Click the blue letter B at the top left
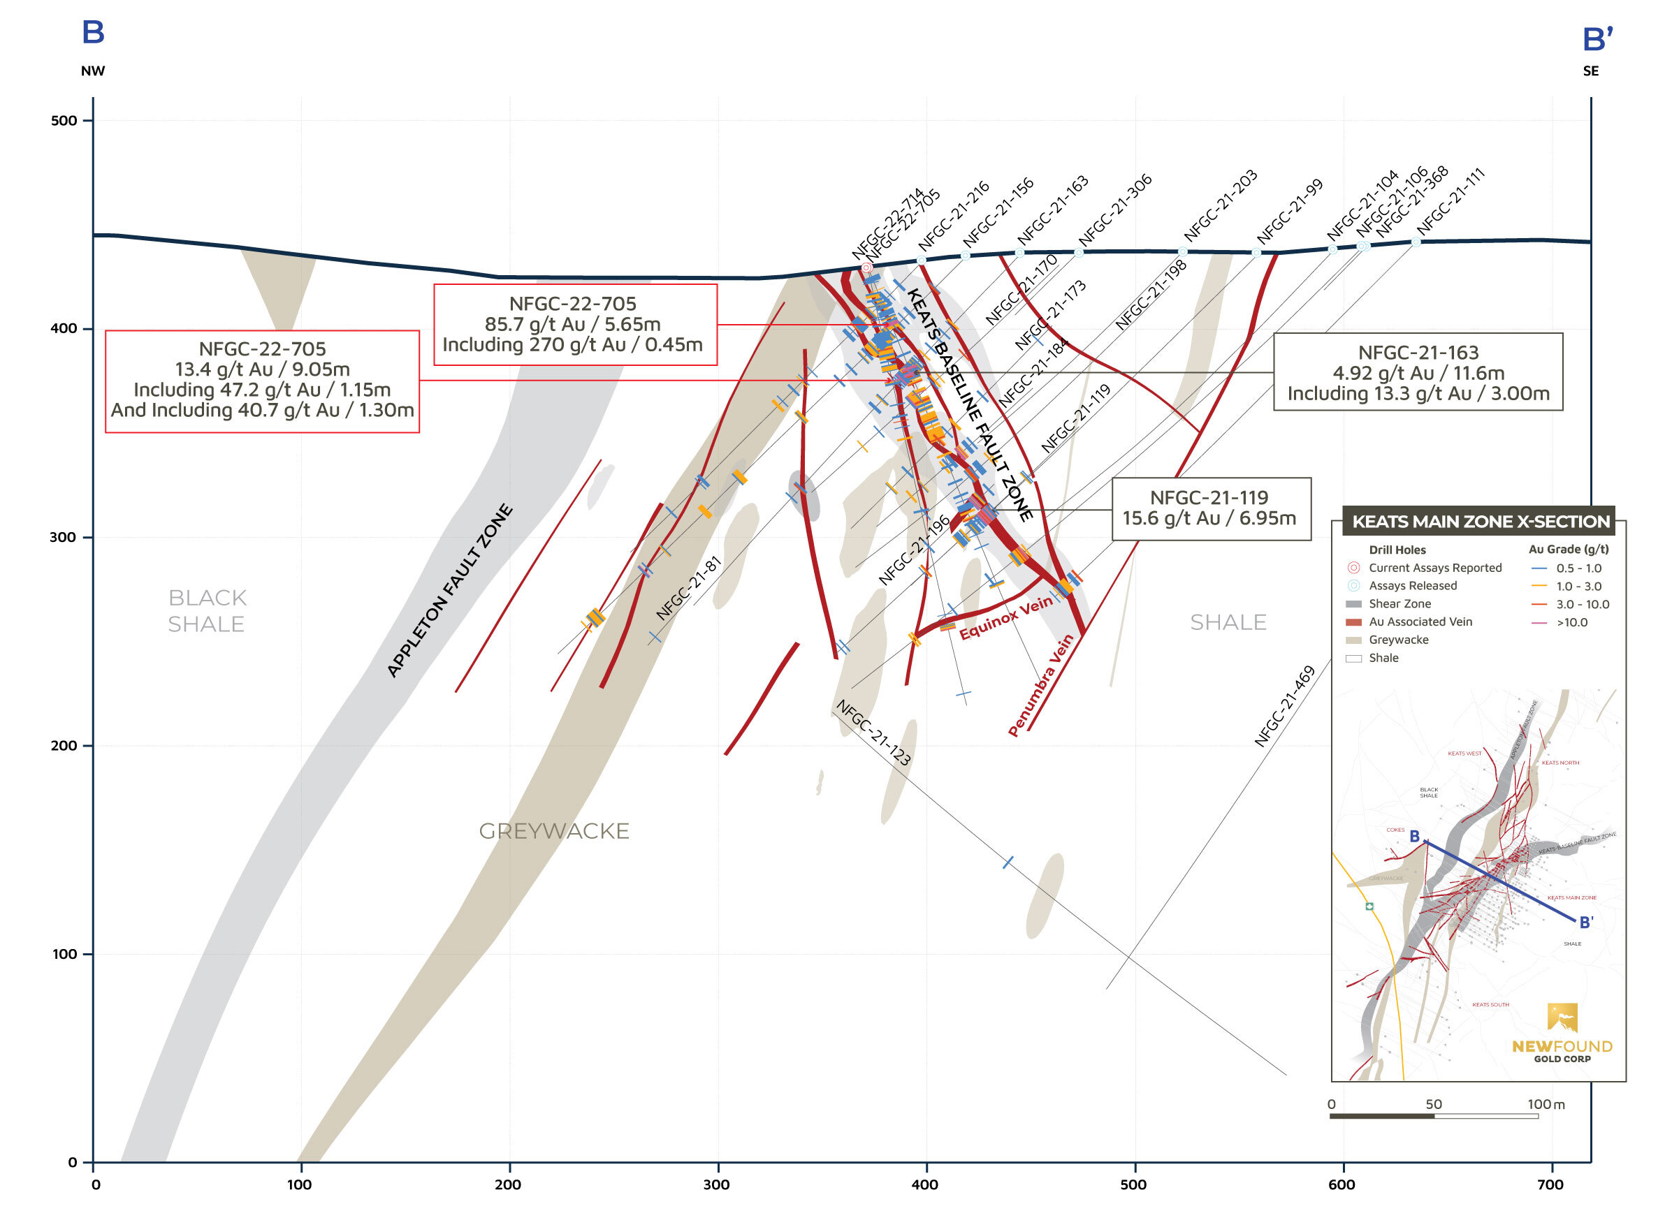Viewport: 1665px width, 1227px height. (x=93, y=33)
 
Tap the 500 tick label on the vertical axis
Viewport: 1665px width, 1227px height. (x=63, y=121)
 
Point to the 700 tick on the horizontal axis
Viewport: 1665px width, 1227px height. (x=1550, y=1184)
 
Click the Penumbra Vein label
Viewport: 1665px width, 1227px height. (x=1040, y=685)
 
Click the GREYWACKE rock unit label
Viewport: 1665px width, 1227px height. (x=553, y=831)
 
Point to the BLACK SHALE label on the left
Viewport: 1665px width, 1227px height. (x=206, y=610)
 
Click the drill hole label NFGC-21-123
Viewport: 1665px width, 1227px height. (x=873, y=733)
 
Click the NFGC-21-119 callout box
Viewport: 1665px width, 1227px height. (x=1210, y=509)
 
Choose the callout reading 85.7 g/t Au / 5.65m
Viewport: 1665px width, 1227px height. (x=574, y=325)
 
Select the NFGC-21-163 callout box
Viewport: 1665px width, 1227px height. (x=1418, y=372)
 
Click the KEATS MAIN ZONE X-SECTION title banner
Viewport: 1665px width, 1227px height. (x=1480, y=522)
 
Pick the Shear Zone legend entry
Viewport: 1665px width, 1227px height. (x=1399, y=604)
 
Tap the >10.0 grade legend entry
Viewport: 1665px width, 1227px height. (x=1571, y=622)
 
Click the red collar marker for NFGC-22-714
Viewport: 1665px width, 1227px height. (x=866, y=267)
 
